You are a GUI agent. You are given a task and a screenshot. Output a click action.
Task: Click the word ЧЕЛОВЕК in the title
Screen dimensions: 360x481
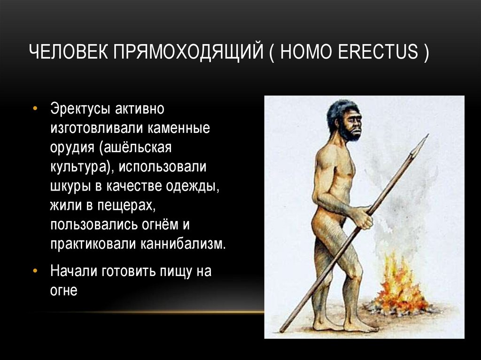point(67,51)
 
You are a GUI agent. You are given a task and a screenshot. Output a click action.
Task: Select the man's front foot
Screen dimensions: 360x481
point(357,325)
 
